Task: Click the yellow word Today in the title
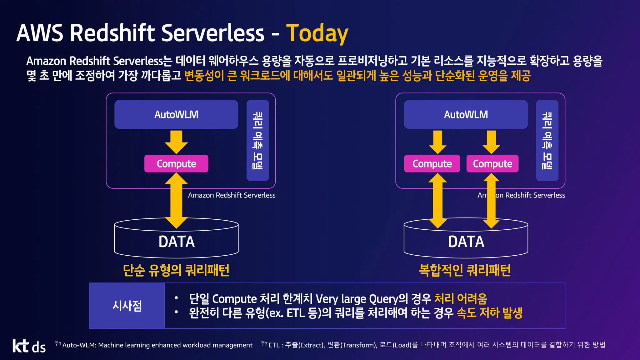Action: point(317,33)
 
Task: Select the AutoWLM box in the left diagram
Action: point(176,114)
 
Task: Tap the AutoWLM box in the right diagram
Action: point(466,114)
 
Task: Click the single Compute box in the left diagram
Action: point(176,164)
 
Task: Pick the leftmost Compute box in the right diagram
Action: point(432,164)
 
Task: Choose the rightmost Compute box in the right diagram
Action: point(492,164)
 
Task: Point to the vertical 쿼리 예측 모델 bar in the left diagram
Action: point(257,140)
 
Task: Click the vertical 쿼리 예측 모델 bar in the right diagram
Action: point(547,140)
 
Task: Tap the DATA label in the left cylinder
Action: point(177,242)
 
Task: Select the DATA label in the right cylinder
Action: point(466,242)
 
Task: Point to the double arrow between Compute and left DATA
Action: point(176,200)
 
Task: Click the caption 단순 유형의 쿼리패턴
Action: point(176,270)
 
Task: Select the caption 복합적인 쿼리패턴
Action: point(465,270)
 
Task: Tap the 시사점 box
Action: point(127,306)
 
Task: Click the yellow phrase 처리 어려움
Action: point(461,299)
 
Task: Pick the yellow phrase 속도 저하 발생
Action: point(489,313)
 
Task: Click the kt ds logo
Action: point(29,346)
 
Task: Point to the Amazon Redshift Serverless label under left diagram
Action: point(232,195)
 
